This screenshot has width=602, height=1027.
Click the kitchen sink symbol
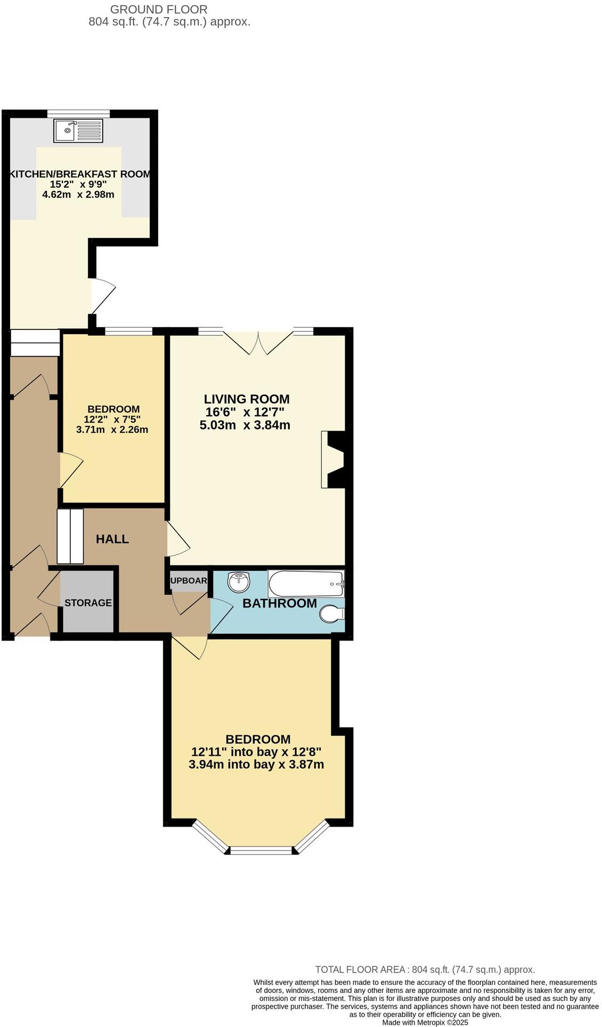(x=78, y=131)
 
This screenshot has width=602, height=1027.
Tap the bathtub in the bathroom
(x=306, y=584)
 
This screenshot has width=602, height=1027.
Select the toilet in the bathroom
(x=332, y=614)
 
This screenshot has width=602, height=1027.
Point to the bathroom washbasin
(x=239, y=581)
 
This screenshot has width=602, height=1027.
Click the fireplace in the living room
(x=335, y=459)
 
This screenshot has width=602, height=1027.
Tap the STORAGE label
(x=88, y=603)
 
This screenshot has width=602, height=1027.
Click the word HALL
(x=112, y=539)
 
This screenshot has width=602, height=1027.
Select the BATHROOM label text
(x=280, y=603)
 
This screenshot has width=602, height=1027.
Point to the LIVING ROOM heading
(x=247, y=399)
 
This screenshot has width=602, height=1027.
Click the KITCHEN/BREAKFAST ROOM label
(x=80, y=174)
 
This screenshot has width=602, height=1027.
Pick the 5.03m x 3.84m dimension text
(x=245, y=425)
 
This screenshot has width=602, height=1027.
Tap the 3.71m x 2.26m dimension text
(x=112, y=430)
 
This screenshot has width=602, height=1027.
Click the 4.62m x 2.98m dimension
(x=78, y=195)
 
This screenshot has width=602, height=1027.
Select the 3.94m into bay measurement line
(x=256, y=765)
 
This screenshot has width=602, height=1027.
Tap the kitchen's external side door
(x=102, y=296)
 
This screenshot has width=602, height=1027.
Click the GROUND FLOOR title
(x=159, y=9)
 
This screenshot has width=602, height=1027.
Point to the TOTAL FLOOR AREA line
(x=425, y=969)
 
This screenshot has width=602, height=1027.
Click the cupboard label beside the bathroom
(x=189, y=580)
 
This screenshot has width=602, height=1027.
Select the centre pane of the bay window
(x=261, y=850)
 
